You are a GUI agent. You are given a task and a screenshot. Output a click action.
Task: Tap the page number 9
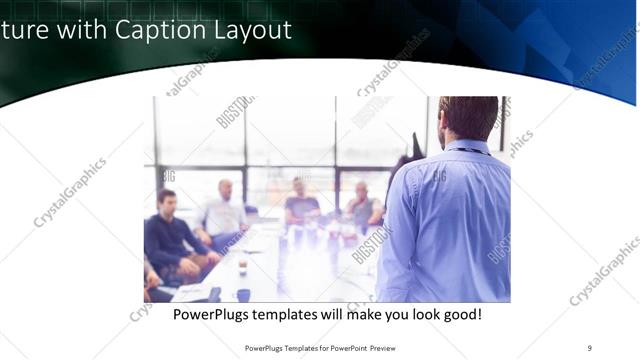(x=589, y=347)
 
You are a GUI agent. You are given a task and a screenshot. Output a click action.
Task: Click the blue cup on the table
(x=243, y=295)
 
